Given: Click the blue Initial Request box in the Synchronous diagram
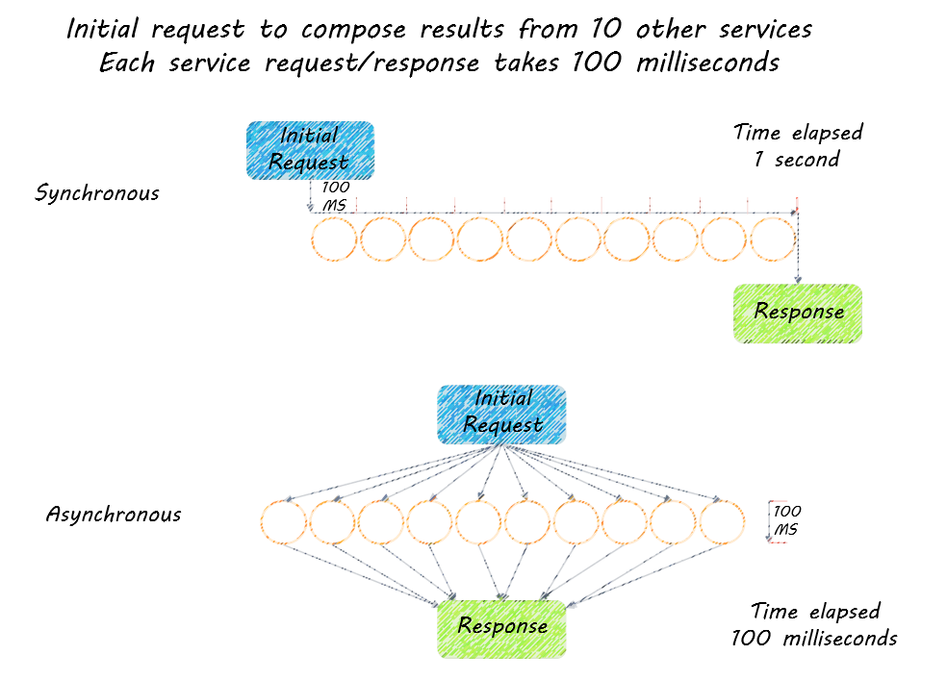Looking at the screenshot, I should click(x=309, y=150).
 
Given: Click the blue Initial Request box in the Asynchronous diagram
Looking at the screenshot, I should click(x=501, y=414).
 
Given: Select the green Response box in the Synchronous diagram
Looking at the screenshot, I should click(x=798, y=313).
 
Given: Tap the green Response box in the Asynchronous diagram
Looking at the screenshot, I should click(x=501, y=627).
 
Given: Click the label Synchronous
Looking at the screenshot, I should click(x=97, y=193).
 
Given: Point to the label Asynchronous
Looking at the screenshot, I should click(x=114, y=515).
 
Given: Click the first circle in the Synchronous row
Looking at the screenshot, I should click(x=335, y=239).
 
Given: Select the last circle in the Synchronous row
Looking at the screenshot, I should click(x=773, y=239).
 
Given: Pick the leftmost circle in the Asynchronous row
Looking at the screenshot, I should click(x=284, y=524).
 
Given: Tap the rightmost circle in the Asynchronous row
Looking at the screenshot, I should click(x=723, y=524).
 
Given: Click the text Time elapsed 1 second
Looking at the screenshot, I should click(x=798, y=145).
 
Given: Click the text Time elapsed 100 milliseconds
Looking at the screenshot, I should click(x=814, y=624).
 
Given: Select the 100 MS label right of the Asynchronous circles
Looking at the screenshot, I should click(x=787, y=520).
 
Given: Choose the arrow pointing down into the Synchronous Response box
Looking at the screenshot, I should click(x=798, y=250).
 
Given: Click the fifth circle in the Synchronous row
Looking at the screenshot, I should click(x=529, y=239).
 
